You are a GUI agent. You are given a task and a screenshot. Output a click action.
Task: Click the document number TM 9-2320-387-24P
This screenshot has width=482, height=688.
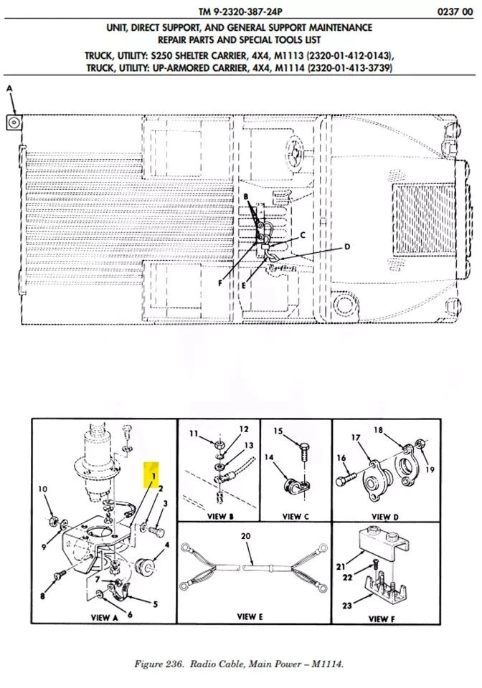(x=242, y=11)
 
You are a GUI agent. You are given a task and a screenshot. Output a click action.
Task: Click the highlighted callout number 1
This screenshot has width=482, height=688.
(x=152, y=474)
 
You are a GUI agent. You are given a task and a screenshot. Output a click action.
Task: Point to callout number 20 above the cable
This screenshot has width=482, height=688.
(x=246, y=535)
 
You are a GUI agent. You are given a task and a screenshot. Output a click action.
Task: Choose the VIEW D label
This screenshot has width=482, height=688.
(x=382, y=516)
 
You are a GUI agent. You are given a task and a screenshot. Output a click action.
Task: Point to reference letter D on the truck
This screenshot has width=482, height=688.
(x=346, y=247)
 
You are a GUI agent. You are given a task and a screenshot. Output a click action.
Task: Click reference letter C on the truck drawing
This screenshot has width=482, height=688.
(x=303, y=235)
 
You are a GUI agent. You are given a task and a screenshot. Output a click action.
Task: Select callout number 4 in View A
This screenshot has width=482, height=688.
(x=166, y=545)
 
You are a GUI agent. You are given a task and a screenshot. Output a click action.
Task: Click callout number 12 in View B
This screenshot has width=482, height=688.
(x=244, y=429)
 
